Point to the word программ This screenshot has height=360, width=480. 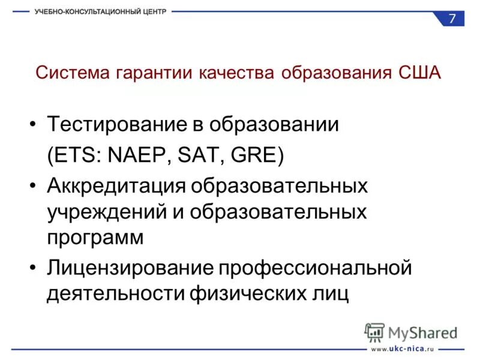[95, 238]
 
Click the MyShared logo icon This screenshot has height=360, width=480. [375, 332]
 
